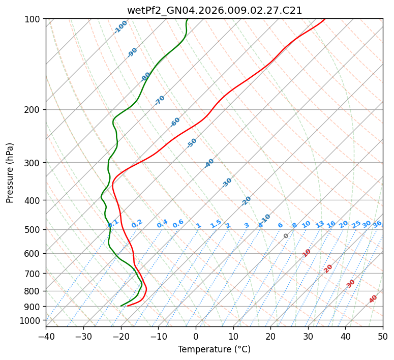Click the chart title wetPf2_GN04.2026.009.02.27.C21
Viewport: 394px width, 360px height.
click(x=214, y=10)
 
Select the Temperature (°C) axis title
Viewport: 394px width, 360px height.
click(x=214, y=349)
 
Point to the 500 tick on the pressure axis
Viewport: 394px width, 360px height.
click(x=34, y=230)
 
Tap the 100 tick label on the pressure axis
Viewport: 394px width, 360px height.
click(x=34, y=19)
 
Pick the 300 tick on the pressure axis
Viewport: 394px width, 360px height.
click(x=34, y=163)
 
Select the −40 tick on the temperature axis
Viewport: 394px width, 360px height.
click(x=46, y=337)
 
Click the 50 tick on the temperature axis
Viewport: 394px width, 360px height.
click(x=383, y=337)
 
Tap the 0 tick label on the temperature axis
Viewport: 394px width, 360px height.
click(x=196, y=337)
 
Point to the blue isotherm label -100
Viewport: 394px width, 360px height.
click(x=121, y=27)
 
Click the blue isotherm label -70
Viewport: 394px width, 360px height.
click(x=160, y=100)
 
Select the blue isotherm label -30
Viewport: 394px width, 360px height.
click(x=227, y=183)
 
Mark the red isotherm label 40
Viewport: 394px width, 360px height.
click(x=373, y=299)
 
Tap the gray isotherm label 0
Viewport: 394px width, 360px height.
click(x=286, y=236)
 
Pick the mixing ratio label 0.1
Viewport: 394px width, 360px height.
click(x=113, y=223)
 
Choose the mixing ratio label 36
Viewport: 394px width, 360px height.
click(x=377, y=224)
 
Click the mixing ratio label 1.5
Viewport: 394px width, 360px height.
click(x=216, y=224)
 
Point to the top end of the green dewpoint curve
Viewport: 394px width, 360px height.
click(x=187, y=19)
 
